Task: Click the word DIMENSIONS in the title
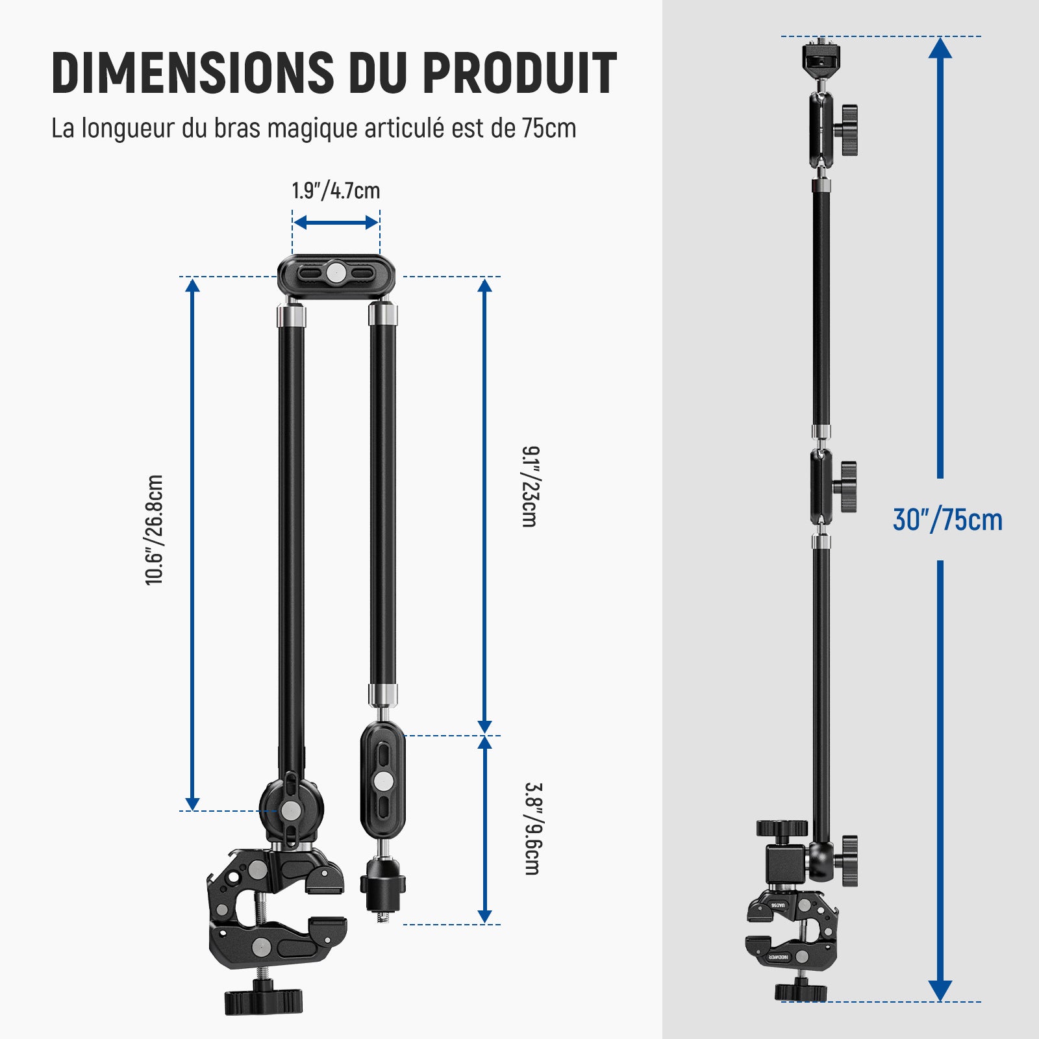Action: [x=193, y=71]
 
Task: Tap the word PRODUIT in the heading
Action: [x=519, y=71]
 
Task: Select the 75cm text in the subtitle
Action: [x=549, y=128]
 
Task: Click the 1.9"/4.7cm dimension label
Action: [x=336, y=191]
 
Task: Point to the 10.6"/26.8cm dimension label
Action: [x=154, y=530]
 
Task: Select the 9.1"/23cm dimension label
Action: [x=530, y=486]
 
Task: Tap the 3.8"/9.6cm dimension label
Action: [x=532, y=829]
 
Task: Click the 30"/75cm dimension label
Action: [x=947, y=519]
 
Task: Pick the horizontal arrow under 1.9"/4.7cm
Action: [x=336, y=223]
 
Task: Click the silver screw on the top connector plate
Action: [x=336, y=273]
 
